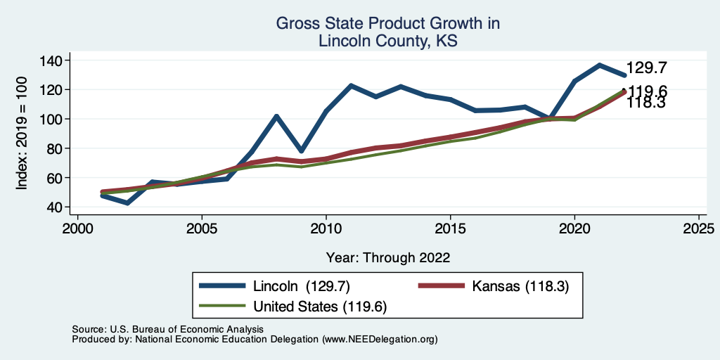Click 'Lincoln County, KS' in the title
pos(388,41)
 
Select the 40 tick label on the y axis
pos(56,207)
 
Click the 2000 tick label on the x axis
pos(77,229)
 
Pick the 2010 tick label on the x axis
pos(326,229)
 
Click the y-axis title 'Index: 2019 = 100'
pos(22,133)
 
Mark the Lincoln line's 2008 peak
pos(276,116)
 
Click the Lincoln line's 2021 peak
pos(599,65)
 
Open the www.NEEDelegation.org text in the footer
pos(380,339)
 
